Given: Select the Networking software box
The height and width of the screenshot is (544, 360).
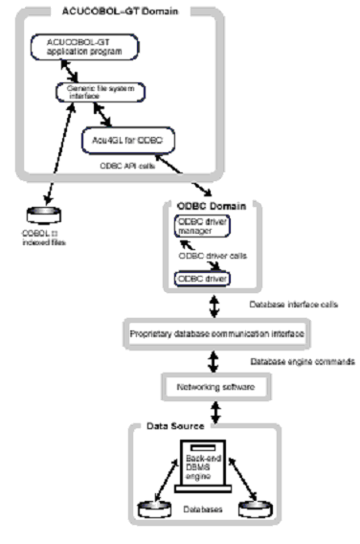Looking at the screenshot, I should coord(200,388).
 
